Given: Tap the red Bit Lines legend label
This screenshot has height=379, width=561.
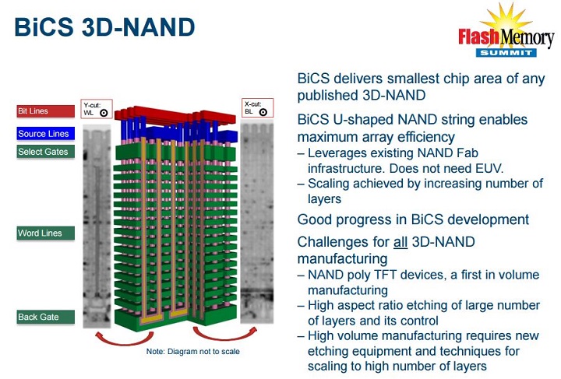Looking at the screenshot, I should click(45, 111).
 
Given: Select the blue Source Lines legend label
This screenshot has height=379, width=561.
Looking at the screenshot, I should click(45, 134).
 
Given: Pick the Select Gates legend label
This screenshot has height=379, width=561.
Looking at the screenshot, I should click(45, 152).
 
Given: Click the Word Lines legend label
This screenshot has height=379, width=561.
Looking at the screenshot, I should click(45, 233).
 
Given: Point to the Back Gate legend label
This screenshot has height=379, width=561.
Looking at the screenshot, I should click(45, 317).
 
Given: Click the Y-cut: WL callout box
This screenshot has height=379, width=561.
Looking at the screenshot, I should click(97, 108).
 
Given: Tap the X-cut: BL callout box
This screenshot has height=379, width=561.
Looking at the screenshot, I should click(256, 108).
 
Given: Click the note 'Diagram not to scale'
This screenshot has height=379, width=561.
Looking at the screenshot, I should click(192, 352).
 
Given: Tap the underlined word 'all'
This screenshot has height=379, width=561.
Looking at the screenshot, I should click(400, 242).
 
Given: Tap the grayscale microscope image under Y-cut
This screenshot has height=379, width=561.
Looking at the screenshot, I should click(97, 226).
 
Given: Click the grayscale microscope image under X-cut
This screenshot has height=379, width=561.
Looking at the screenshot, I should click(257, 226).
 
